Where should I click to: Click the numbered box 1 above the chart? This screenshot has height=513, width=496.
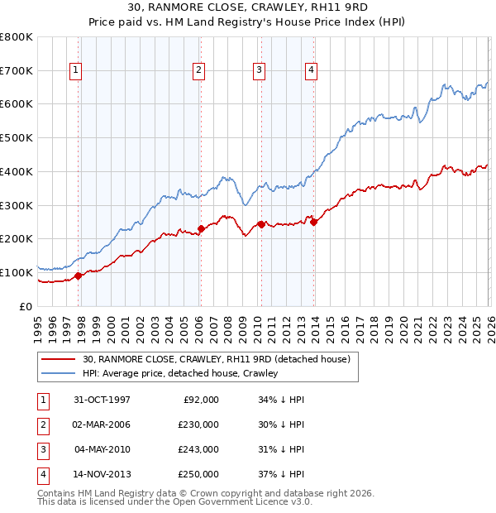(x=75, y=71)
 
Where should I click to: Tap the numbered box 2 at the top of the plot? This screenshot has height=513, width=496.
(x=199, y=71)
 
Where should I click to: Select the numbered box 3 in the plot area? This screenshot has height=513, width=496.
(x=260, y=71)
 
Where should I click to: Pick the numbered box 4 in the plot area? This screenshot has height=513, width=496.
(x=312, y=71)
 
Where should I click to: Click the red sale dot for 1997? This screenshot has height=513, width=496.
(x=79, y=276)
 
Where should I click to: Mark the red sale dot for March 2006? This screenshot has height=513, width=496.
(x=201, y=228)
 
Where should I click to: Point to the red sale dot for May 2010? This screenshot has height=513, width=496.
(x=261, y=224)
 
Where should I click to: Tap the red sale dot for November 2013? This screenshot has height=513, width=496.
(x=313, y=222)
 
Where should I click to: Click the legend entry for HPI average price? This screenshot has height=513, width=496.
(x=180, y=373)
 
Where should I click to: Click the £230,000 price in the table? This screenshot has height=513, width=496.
(x=198, y=424)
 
